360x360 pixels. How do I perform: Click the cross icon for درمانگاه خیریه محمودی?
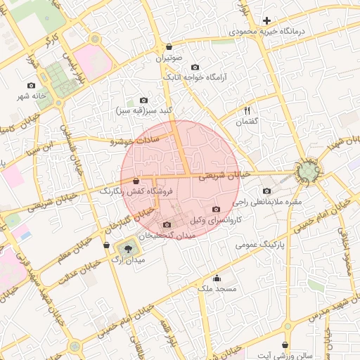point(266,21)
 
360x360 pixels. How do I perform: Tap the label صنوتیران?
point(169,58)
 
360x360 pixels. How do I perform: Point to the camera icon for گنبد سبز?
point(144,101)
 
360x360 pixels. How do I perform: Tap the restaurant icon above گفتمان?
point(247,110)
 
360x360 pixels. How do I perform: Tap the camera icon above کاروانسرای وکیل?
point(216,210)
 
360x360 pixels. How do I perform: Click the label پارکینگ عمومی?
point(264,243)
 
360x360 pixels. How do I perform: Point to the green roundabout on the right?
point(308,172)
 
